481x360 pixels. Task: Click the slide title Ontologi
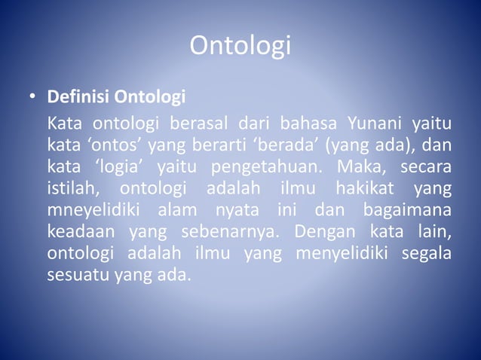[240, 46]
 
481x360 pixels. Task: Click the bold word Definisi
[74, 98]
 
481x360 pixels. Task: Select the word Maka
[363, 164]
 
